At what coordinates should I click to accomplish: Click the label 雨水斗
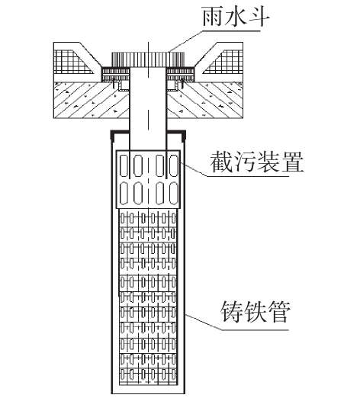[236, 17]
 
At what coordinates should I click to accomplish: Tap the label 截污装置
[257, 162]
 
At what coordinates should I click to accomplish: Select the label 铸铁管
[256, 312]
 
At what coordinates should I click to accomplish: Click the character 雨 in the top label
[213, 17]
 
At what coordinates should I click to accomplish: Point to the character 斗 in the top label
[259, 17]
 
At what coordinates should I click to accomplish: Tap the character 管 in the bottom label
[279, 312]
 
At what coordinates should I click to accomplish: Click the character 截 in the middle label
[220, 162]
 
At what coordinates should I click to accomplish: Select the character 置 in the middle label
[293, 162]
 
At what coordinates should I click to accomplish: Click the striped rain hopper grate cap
[148, 59]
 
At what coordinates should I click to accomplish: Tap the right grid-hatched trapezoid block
[223, 63]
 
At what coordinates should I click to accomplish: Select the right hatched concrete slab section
[205, 100]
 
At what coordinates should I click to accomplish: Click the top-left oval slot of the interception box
[124, 165]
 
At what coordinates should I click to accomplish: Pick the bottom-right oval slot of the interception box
[174, 193]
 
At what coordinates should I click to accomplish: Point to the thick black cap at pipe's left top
[120, 133]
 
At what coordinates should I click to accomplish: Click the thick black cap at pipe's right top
[176, 133]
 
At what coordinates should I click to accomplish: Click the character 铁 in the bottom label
[256, 312]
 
